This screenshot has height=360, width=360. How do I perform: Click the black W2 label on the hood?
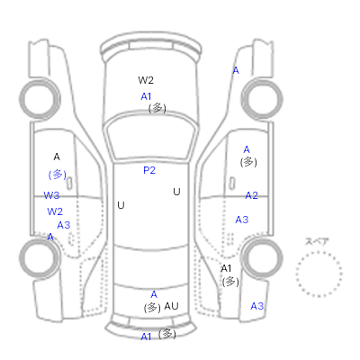pos(146,80)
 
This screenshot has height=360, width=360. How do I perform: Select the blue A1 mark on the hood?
pos(146,96)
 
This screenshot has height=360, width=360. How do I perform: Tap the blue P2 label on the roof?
pos(149,170)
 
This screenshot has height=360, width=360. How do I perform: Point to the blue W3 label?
pos(51,195)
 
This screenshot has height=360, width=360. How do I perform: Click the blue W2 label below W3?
pos(55,211)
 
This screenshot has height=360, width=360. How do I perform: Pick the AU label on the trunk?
pos(171,306)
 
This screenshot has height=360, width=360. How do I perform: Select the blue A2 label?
pos(251,195)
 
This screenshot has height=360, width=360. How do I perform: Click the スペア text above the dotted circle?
pos(317,241)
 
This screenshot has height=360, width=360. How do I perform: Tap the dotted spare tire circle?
pos(319,252)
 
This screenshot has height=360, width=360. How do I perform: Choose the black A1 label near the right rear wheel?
pos(226,268)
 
